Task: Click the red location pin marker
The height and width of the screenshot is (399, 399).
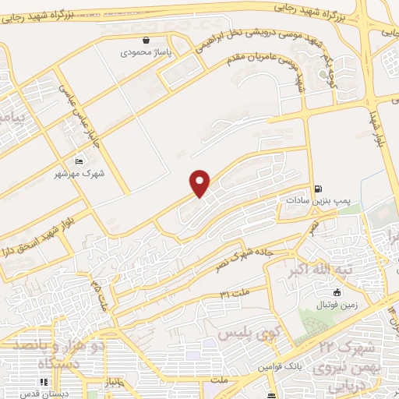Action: pos(201,182)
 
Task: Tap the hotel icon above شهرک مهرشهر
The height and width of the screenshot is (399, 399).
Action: pos(79,161)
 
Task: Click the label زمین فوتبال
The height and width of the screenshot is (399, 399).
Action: pos(336,305)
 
